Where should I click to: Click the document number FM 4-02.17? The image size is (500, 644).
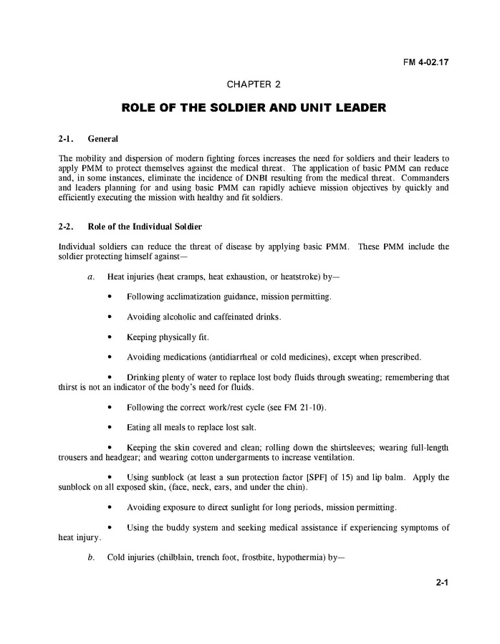click(x=426, y=62)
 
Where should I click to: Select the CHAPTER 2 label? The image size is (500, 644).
click(x=254, y=85)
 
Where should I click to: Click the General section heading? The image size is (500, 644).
click(x=102, y=138)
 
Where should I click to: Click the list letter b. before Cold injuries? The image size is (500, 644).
click(x=91, y=557)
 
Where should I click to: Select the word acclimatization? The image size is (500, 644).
click(x=198, y=297)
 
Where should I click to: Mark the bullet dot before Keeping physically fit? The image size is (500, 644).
click(x=109, y=337)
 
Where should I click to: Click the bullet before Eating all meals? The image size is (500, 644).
click(x=109, y=428)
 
